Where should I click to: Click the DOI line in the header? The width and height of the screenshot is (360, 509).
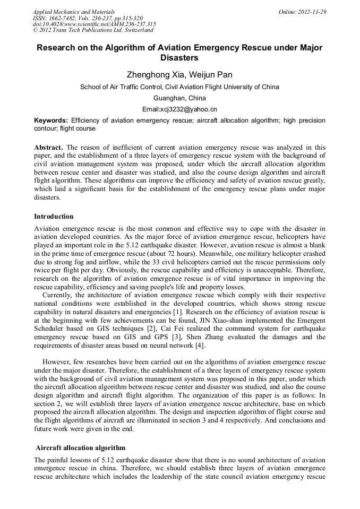click(x=94, y=24)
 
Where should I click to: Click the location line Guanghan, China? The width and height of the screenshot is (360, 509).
click(x=179, y=98)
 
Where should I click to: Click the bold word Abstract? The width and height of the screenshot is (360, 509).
click(x=49, y=147)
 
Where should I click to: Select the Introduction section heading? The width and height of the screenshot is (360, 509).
click(x=54, y=217)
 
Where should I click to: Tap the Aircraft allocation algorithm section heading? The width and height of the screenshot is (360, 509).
click(x=80, y=448)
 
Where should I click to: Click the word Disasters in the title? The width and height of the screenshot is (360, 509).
click(x=179, y=57)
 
